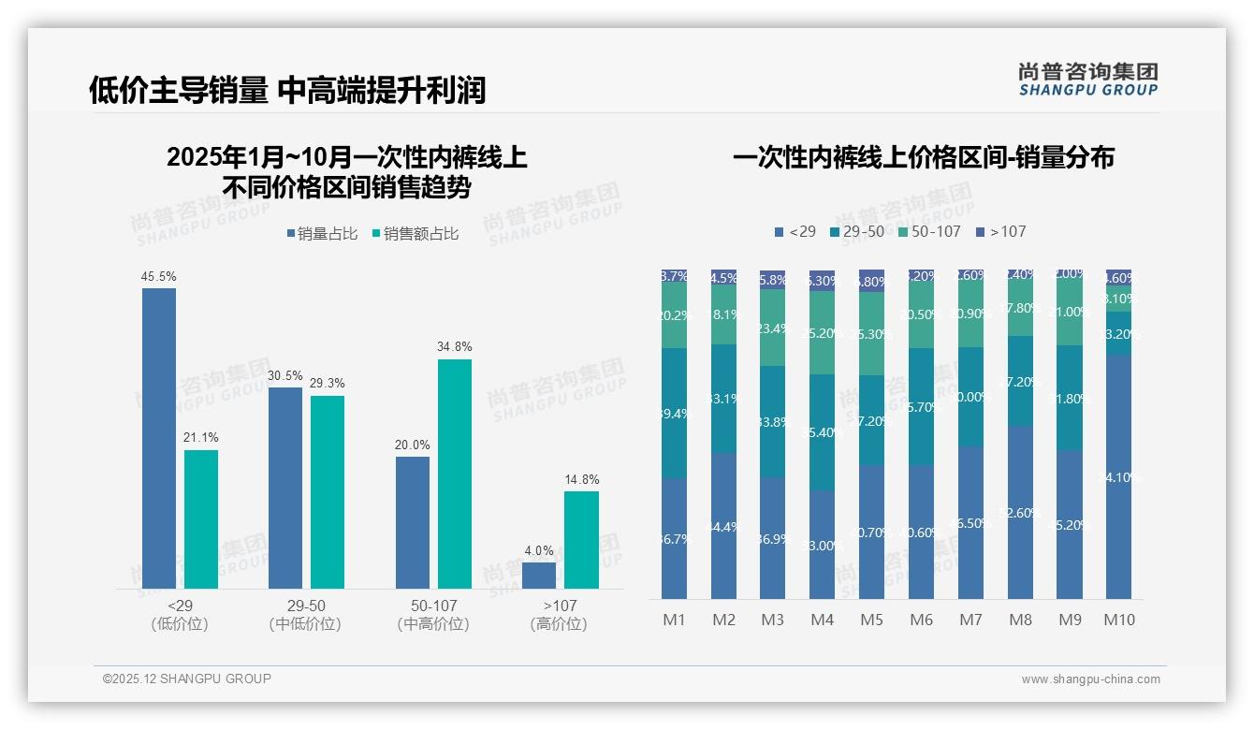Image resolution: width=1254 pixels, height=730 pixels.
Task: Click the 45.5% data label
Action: pos(158,277)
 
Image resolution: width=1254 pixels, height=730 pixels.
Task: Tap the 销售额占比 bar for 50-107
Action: pos(455,474)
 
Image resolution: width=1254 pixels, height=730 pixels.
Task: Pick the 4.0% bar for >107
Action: pos(539,576)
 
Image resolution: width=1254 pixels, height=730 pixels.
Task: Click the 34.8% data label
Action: pos(455,347)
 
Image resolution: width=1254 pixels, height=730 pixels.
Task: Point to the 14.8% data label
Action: pos(581,479)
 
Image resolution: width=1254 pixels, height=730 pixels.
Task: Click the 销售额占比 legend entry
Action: pos(415,234)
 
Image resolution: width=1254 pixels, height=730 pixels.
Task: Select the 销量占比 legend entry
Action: pos(321,234)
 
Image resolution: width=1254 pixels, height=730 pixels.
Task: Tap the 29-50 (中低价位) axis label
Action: pos(305,615)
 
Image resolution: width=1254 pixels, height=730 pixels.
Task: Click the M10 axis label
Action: pos(1118,620)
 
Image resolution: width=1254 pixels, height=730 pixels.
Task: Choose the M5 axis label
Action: pos(871,620)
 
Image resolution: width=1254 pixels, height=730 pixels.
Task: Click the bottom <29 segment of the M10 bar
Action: pos(1118,477)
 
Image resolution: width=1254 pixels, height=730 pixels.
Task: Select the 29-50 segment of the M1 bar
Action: pos(674,414)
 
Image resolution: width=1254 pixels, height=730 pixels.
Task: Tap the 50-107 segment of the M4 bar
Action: pos(822,332)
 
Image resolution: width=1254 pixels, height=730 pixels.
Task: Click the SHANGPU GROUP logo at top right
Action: pos(1087,80)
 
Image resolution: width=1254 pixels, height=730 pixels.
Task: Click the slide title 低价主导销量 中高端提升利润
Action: pos(287,91)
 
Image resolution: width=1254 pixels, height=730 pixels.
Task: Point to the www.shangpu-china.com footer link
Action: pos(1090,679)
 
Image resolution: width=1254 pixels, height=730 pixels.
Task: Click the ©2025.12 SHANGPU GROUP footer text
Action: pos(187,679)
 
